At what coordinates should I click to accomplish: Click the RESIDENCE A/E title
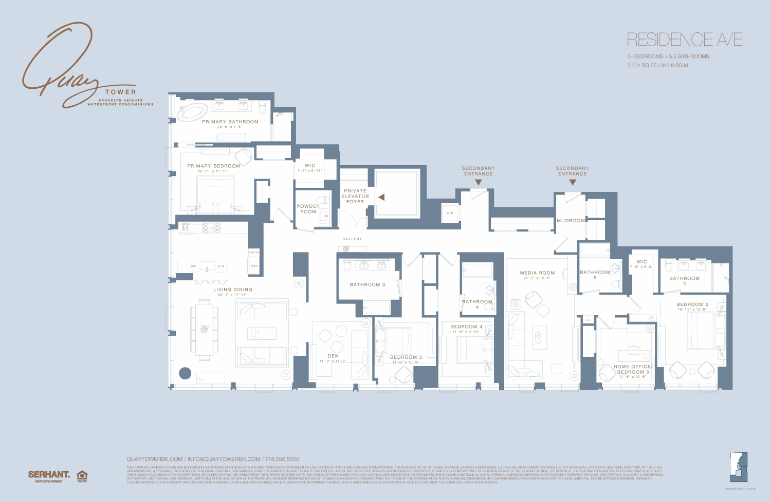[685, 40]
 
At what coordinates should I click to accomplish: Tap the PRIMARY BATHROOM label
[230, 122]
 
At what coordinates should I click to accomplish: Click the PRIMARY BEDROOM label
[213, 166]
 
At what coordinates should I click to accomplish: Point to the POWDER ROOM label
[308, 209]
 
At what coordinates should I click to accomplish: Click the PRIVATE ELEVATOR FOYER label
[355, 196]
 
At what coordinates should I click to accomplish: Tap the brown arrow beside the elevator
[381, 197]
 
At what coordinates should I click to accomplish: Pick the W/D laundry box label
[450, 213]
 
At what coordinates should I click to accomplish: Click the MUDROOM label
[571, 221]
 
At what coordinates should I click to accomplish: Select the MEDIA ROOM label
[537, 273]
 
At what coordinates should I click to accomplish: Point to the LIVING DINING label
[233, 289]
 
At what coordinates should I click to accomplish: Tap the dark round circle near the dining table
[185, 373]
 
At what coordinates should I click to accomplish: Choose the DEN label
[333, 356]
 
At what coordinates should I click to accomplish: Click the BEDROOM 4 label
[466, 326]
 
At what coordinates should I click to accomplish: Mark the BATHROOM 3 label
[367, 284]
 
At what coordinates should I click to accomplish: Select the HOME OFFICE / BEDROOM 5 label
[633, 369]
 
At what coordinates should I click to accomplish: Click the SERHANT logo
[49, 475]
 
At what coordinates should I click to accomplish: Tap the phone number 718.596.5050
[282, 459]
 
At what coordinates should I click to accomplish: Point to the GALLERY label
[352, 239]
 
